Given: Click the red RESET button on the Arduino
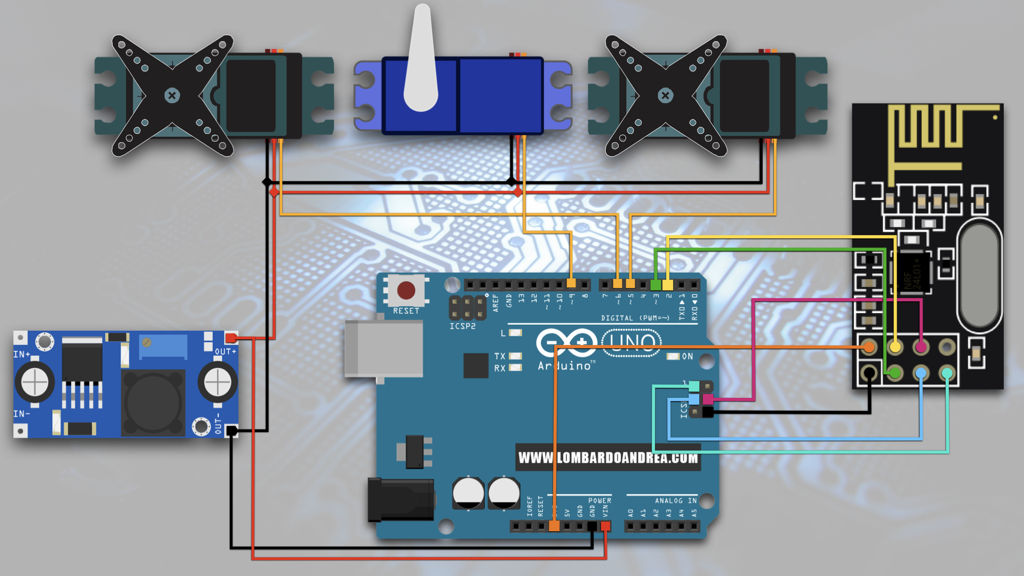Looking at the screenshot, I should (x=406, y=291).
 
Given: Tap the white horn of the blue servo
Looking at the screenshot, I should (x=421, y=64).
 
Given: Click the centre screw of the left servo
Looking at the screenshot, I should (x=172, y=96).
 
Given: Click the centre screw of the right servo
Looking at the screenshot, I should (x=665, y=96).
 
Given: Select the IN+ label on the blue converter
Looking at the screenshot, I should (x=22, y=354).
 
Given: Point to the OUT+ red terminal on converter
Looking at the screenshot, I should (x=231, y=338).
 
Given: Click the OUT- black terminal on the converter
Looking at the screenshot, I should (x=231, y=430).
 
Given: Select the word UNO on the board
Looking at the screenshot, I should (x=632, y=342).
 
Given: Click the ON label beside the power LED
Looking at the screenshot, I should (x=687, y=356).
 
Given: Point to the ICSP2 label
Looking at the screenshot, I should (x=462, y=326).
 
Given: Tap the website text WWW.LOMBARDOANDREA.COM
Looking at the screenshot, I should (x=608, y=458).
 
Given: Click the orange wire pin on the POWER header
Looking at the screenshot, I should (x=554, y=526).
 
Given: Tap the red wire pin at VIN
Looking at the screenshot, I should (x=605, y=526).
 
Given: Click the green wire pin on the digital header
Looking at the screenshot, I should (x=655, y=285).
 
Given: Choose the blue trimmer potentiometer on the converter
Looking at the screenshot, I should (x=163, y=346).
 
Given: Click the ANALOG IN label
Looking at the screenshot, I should (x=676, y=501).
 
